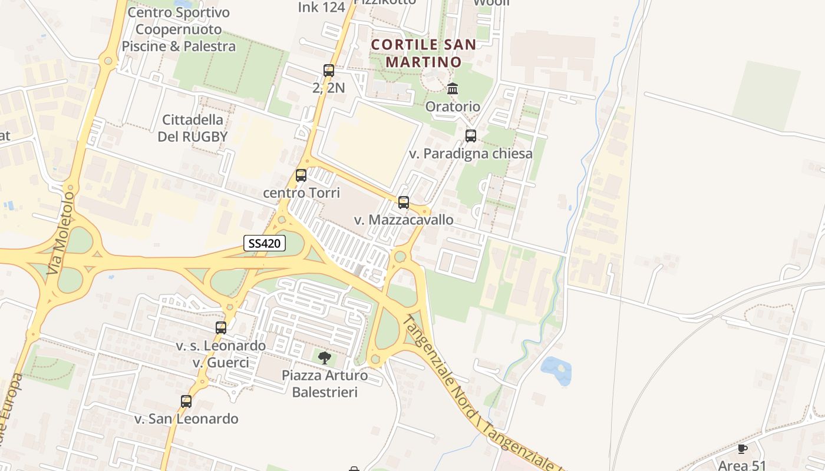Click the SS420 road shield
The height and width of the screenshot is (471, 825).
tap(265, 243)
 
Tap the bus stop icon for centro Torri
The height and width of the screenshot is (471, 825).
tap(301, 175)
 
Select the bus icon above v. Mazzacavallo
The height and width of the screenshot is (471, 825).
tap(404, 203)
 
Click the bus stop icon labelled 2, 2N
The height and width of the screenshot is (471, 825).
tap(329, 71)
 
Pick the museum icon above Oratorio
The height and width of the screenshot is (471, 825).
tap(453, 89)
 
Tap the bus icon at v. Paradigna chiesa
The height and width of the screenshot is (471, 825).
tap(471, 136)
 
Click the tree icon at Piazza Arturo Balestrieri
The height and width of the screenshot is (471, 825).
tap(324, 357)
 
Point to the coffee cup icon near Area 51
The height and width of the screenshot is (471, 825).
tap(742, 449)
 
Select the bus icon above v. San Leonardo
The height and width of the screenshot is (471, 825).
tap(186, 402)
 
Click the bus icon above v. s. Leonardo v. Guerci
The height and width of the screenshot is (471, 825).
tap(221, 328)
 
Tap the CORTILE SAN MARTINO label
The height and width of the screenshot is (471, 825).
tap(424, 53)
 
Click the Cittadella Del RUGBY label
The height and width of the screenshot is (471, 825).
tap(193, 128)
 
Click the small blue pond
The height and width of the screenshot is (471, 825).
tap(557, 370)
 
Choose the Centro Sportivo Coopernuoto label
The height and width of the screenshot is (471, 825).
tap(179, 29)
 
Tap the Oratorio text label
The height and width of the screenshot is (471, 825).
tap(453, 107)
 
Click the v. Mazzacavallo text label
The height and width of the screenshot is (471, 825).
tap(404, 220)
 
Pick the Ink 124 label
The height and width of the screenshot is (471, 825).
tap(321, 7)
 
